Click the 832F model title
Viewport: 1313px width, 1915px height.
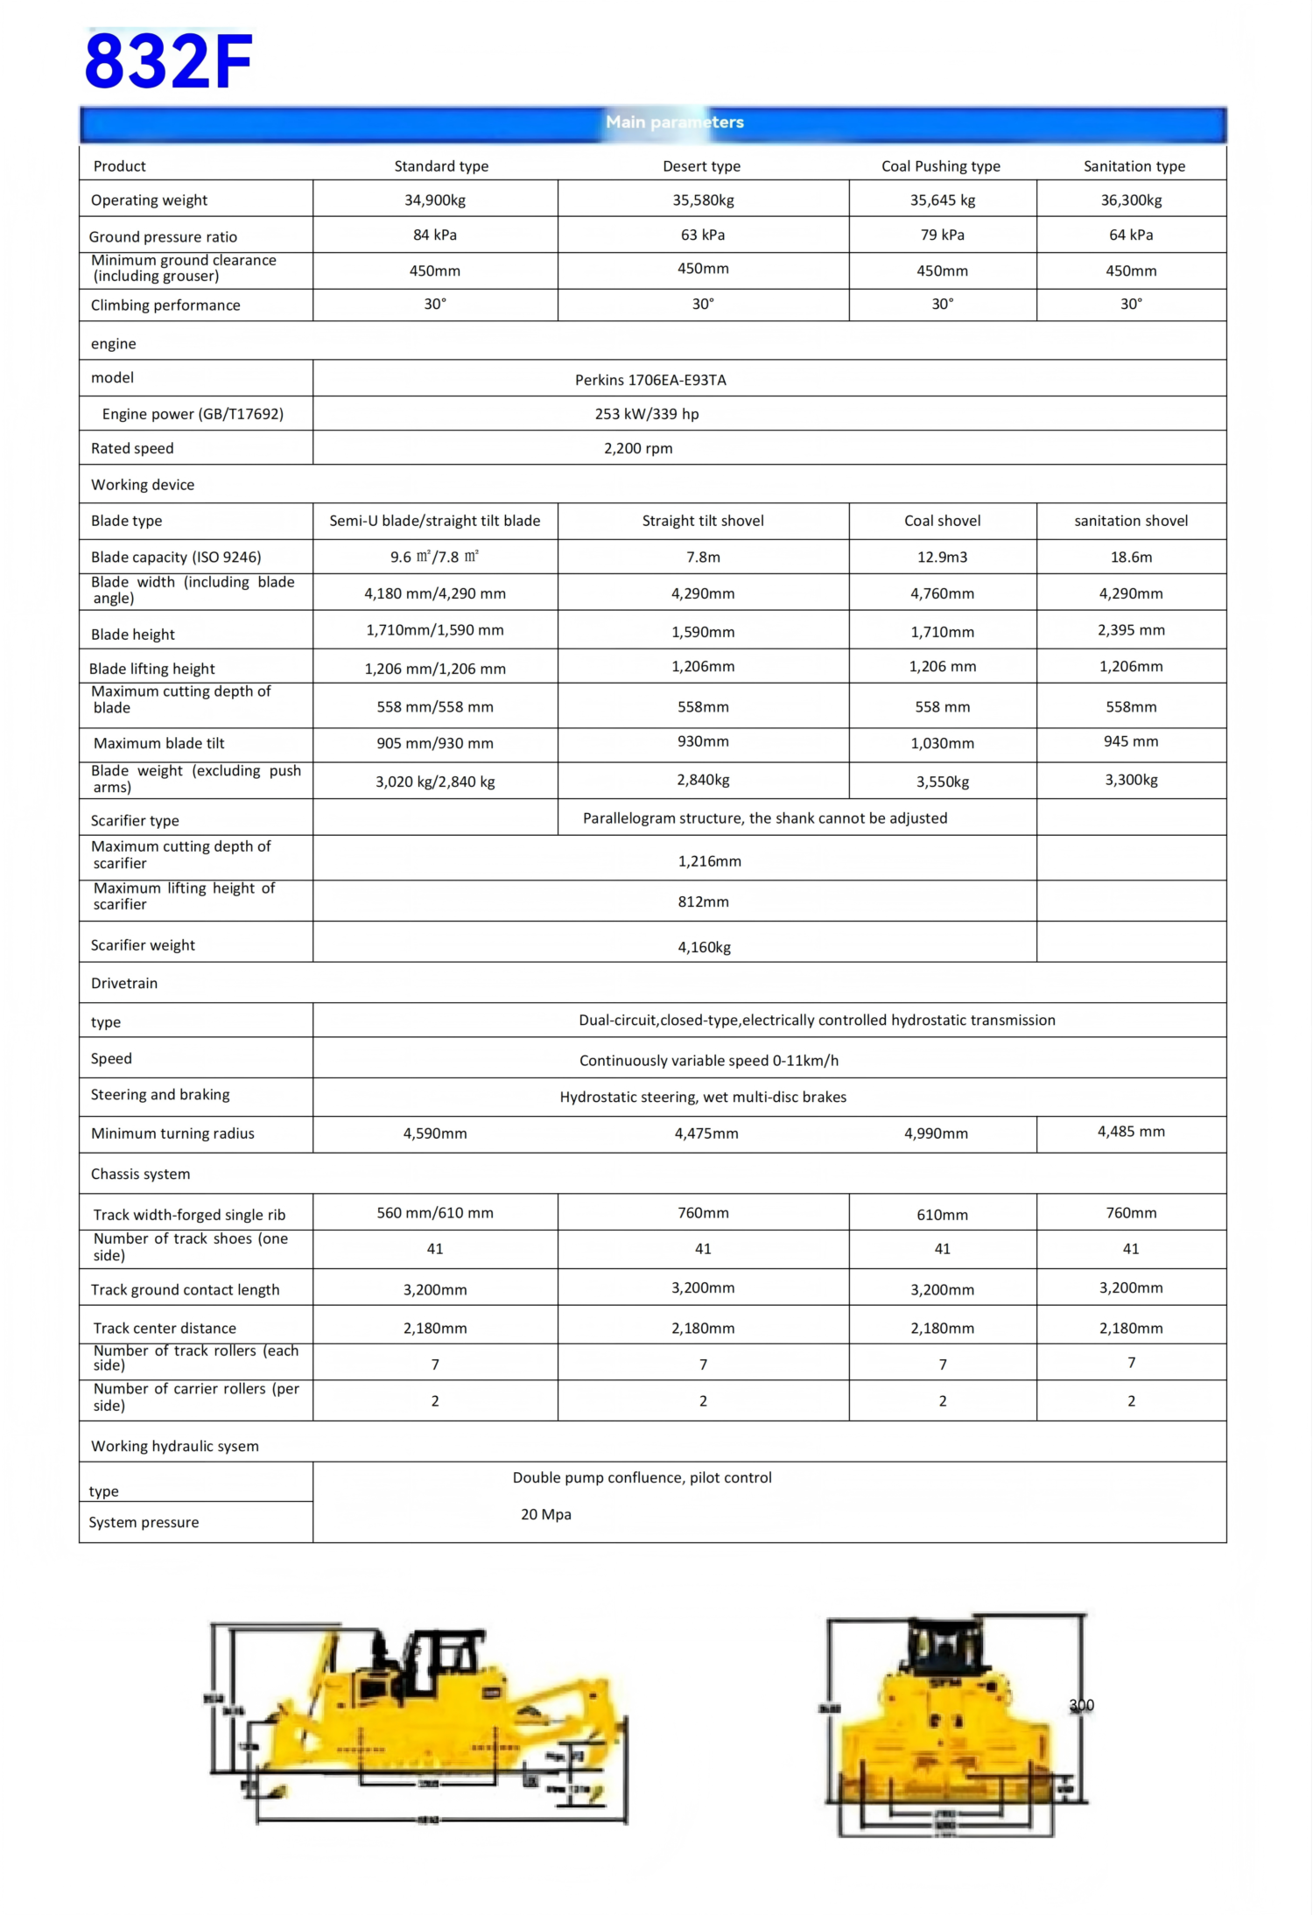tap(168, 61)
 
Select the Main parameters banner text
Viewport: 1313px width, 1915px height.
tap(674, 123)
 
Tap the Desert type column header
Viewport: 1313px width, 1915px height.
tap(701, 166)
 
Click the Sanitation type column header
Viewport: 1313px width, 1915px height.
tap(1134, 166)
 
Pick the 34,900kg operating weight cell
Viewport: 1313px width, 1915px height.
tap(434, 200)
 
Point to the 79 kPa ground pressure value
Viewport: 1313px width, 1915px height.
tap(942, 235)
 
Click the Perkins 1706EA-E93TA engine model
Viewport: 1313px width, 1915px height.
tap(650, 380)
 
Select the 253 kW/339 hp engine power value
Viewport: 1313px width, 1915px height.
tap(647, 414)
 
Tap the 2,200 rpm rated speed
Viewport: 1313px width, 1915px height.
tap(638, 448)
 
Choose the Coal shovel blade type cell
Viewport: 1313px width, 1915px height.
tap(942, 521)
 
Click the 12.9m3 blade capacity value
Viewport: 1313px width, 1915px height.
tap(942, 558)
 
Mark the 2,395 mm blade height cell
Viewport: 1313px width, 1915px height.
tap(1131, 630)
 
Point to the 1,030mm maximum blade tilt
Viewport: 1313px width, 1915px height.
tap(942, 743)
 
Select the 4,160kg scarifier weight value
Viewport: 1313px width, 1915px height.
tap(704, 947)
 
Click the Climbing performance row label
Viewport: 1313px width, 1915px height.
tap(165, 305)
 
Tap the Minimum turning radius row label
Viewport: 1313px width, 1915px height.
tap(172, 1133)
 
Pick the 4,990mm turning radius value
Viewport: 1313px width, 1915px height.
tap(936, 1133)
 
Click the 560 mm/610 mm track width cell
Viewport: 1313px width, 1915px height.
tap(434, 1213)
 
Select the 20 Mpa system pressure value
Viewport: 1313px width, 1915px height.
tap(545, 1514)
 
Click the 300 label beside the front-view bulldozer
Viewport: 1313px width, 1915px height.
tap(1081, 1705)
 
